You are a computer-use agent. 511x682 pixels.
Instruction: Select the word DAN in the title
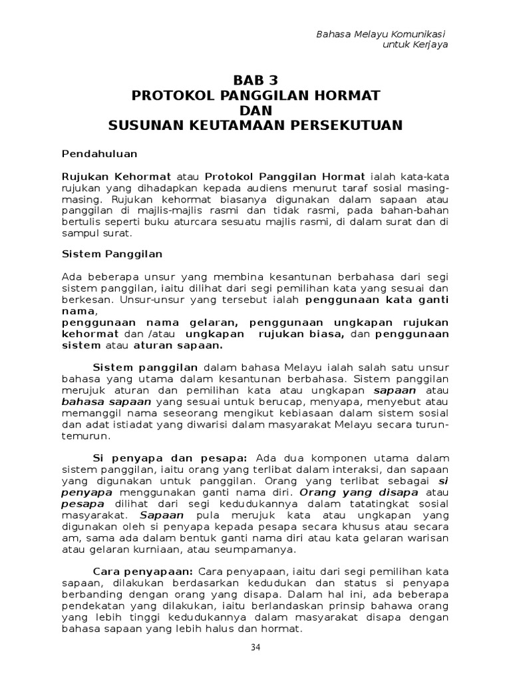point(255,110)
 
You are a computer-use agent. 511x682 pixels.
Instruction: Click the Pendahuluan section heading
point(99,153)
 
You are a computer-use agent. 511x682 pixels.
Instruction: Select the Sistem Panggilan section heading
point(112,254)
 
